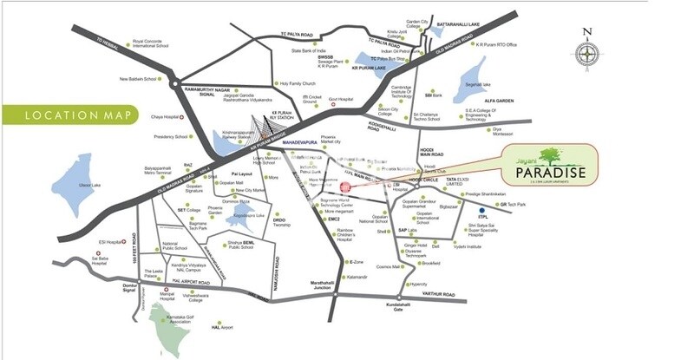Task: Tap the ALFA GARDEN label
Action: (499, 101)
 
